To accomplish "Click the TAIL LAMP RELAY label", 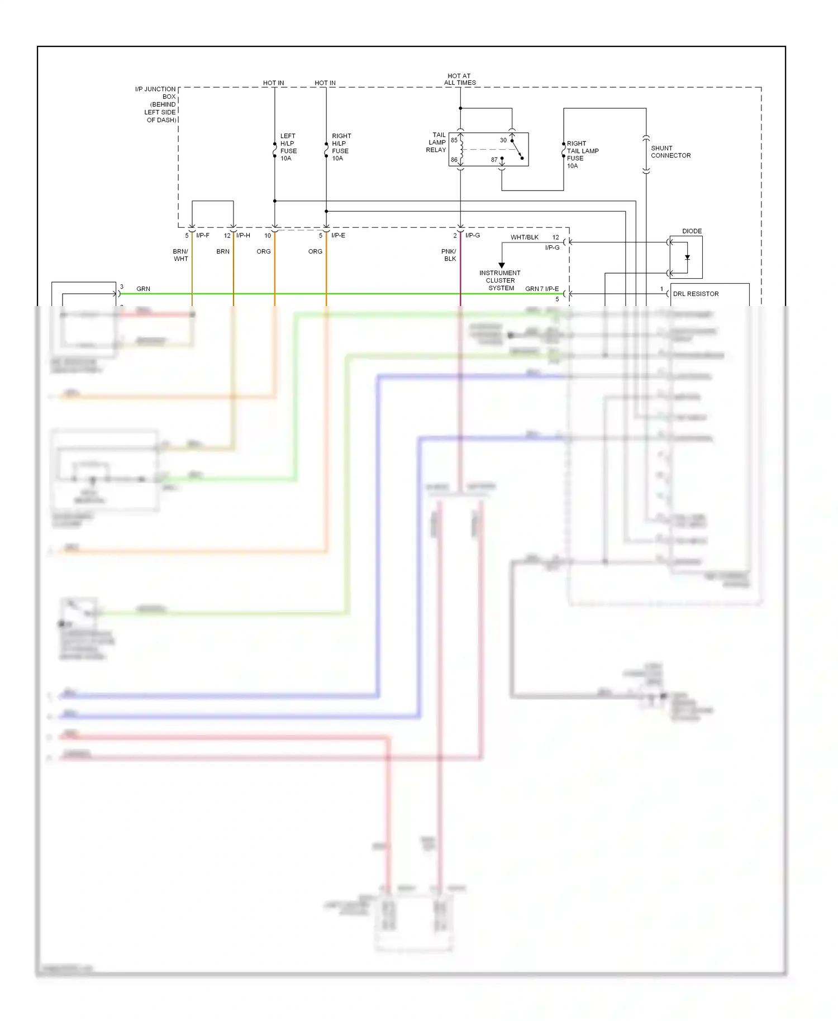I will pyautogui.click(x=436, y=142).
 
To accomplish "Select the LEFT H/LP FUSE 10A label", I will pyautogui.click(x=288, y=147).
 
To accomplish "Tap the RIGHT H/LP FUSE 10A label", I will pyautogui.click(x=341, y=147).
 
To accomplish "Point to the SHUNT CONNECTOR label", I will pyautogui.click(x=670, y=152).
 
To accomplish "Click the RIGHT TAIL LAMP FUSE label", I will pyautogui.click(x=582, y=154).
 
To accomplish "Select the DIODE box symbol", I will pyautogui.click(x=686, y=257).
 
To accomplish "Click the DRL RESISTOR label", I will pyautogui.click(x=696, y=294).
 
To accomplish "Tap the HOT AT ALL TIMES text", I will pyautogui.click(x=459, y=79).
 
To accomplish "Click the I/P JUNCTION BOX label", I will pyautogui.click(x=156, y=104).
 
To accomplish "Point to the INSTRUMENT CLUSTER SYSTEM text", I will pyautogui.click(x=500, y=280).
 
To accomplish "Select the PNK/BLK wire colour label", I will pyautogui.click(x=449, y=255).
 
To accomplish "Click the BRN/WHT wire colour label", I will pyautogui.click(x=180, y=255).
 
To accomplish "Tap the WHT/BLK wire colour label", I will pyautogui.click(x=524, y=237).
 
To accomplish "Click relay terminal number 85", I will pyautogui.click(x=454, y=140).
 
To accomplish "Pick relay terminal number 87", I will pyautogui.click(x=494, y=160).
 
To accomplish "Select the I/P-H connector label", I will pyautogui.click(x=243, y=236).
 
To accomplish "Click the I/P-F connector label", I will pyautogui.click(x=203, y=236).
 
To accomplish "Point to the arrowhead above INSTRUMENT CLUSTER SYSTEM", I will pyautogui.click(x=502, y=265).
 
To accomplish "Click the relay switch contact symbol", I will pyautogui.click(x=517, y=149).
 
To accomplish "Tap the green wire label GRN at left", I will pyautogui.click(x=143, y=289).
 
